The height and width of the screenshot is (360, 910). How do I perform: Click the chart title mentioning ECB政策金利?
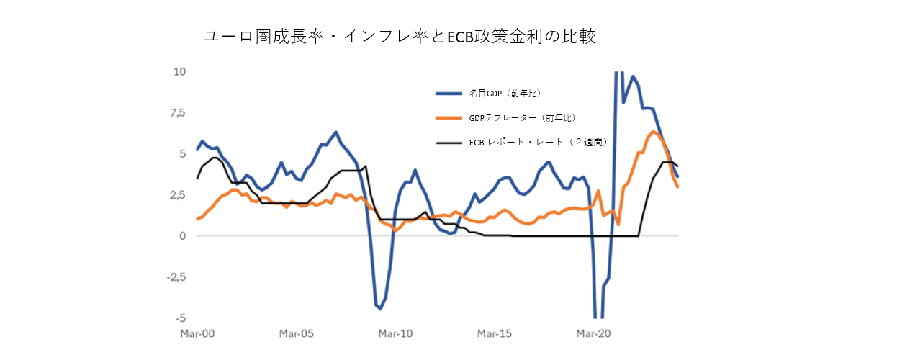[x=400, y=36]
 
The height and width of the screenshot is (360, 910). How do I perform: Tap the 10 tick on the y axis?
[x=179, y=72]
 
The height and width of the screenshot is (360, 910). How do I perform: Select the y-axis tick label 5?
[x=182, y=154]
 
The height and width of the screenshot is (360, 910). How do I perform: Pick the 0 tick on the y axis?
[x=182, y=236]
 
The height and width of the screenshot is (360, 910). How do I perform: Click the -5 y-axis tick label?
[x=180, y=318]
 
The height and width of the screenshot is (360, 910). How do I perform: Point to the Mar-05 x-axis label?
[x=297, y=334]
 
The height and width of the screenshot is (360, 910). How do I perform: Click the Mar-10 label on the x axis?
[x=395, y=334]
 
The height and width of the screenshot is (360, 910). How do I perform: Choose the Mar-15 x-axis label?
[x=494, y=334]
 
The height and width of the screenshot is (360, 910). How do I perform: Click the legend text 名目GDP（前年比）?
[x=505, y=94]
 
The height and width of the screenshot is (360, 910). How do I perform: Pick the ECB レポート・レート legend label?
[x=539, y=143]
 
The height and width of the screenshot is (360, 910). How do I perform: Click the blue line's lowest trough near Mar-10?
[x=380, y=308]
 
